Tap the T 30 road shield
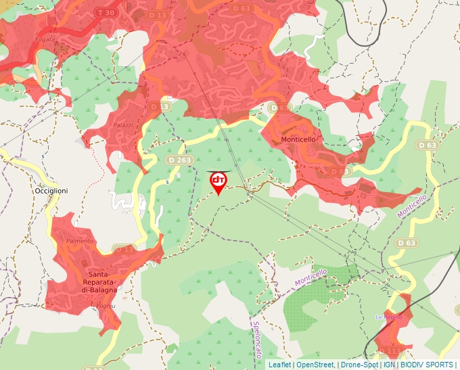tap(105, 13)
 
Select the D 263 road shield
tap(179, 160)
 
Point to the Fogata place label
tap(46, 39)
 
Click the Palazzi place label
tap(123, 125)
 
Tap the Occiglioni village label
tap(51, 191)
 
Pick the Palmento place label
tap(80, 241)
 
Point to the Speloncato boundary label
tap(257, 339)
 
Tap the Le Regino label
tap(389, 317)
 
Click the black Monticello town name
tap(298, 139)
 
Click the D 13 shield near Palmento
tap(124, 250)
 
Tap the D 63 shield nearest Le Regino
tap(407, 243)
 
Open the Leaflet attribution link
tap(279, 365)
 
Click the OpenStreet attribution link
tap(315, 365)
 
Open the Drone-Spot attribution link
tap(359, 365)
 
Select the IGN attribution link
tap(389, 365)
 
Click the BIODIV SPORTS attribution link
tap(427, 365)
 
